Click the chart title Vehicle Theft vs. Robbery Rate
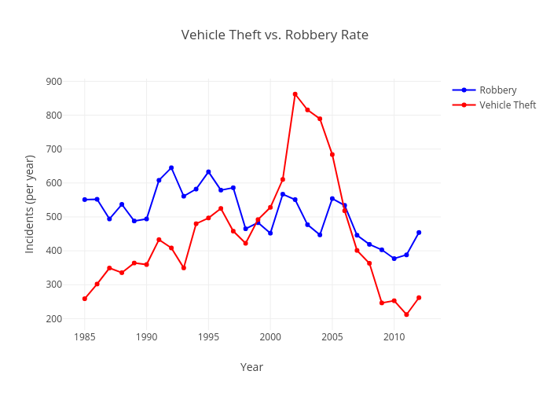click(275, 35)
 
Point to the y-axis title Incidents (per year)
click(30, 204)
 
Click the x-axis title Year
click(251, 367)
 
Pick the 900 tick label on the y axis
click(54, 82)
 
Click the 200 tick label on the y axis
click(54, 319)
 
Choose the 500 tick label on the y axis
click(54, 217)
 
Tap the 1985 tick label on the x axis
click(85, 337)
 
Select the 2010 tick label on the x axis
click(394, 337)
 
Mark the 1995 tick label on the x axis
click(208, 337)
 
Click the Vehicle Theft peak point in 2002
click(295, 94)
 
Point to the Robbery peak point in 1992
click(171, 167)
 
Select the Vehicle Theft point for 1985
click(85, 299)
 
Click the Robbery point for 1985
click(85, 200)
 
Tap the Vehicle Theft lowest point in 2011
click(406, 314)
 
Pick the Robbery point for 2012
click(419, 233)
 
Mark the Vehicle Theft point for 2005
click(332, 154)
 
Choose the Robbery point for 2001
click(283, 194)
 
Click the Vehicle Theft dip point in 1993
click(184, 268)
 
